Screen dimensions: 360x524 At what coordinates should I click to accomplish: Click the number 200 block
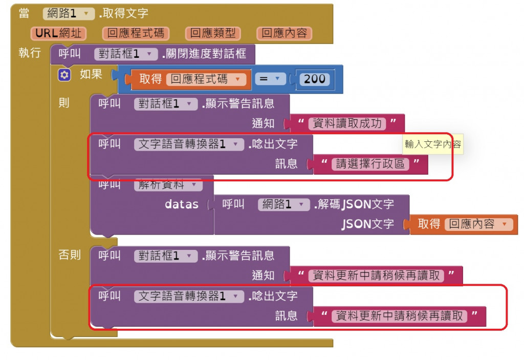[x=314, y=79]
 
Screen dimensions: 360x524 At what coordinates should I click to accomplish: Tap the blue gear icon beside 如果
[x=64, y=75]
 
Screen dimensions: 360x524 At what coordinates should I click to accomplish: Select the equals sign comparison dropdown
[x=270, y=79]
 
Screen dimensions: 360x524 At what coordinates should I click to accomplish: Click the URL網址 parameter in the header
[x=58, y=33]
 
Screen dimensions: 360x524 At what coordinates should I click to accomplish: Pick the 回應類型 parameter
[x=213, y=33]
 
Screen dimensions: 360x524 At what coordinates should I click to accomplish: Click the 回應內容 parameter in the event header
[x=284, y=33]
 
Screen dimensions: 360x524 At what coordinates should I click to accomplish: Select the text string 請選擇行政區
[x=370, y=164]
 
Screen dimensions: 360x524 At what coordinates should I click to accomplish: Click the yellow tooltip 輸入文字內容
[x=432, y=144]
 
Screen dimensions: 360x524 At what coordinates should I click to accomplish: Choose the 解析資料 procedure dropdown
[x=168, y=185]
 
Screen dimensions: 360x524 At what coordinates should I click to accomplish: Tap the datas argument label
[x=182, y=204]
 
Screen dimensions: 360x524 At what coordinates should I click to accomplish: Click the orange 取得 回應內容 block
[x=464, y=224]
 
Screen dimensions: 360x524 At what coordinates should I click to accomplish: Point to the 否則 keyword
[x=70, y=255]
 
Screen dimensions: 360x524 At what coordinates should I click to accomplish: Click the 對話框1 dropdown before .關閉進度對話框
[x=126, y=54]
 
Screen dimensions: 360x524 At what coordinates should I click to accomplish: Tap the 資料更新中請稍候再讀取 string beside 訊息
[x=399, y=315]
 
